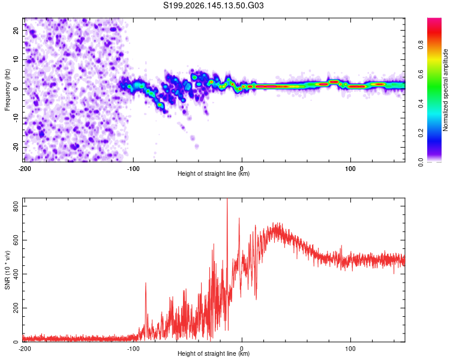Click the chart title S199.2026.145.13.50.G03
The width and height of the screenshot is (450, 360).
pos(213,5)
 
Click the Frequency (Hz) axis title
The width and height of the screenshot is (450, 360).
pos(7,90)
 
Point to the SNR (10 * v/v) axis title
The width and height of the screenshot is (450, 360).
pos(7,270)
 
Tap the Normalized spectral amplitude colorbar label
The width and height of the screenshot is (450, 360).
pos(445,90)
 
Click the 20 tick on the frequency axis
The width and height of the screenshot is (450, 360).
pos(16,31)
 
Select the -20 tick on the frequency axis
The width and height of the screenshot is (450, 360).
pos(16,147)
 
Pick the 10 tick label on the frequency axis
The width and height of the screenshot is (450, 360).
pos(16,59)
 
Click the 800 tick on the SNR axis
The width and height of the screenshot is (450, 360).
pos(16,206)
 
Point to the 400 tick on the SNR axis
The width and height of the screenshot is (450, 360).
pos(16,274)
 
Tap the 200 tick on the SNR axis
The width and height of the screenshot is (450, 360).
pos(16,308)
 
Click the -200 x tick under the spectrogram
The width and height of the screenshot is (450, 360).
pos(25,169)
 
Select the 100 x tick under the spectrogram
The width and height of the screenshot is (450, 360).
pos(350,169)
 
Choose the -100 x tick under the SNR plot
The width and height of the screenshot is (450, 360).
pos(133,349)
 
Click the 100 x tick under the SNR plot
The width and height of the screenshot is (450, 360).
pos(350,349)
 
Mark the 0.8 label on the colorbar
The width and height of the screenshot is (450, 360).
pos(421,45)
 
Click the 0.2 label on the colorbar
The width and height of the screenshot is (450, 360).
pos(421,133)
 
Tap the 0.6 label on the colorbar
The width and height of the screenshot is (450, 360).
pos(421,74)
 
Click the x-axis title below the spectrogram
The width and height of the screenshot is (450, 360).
pos(214,173)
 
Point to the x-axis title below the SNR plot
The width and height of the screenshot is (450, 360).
pos(214,353)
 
